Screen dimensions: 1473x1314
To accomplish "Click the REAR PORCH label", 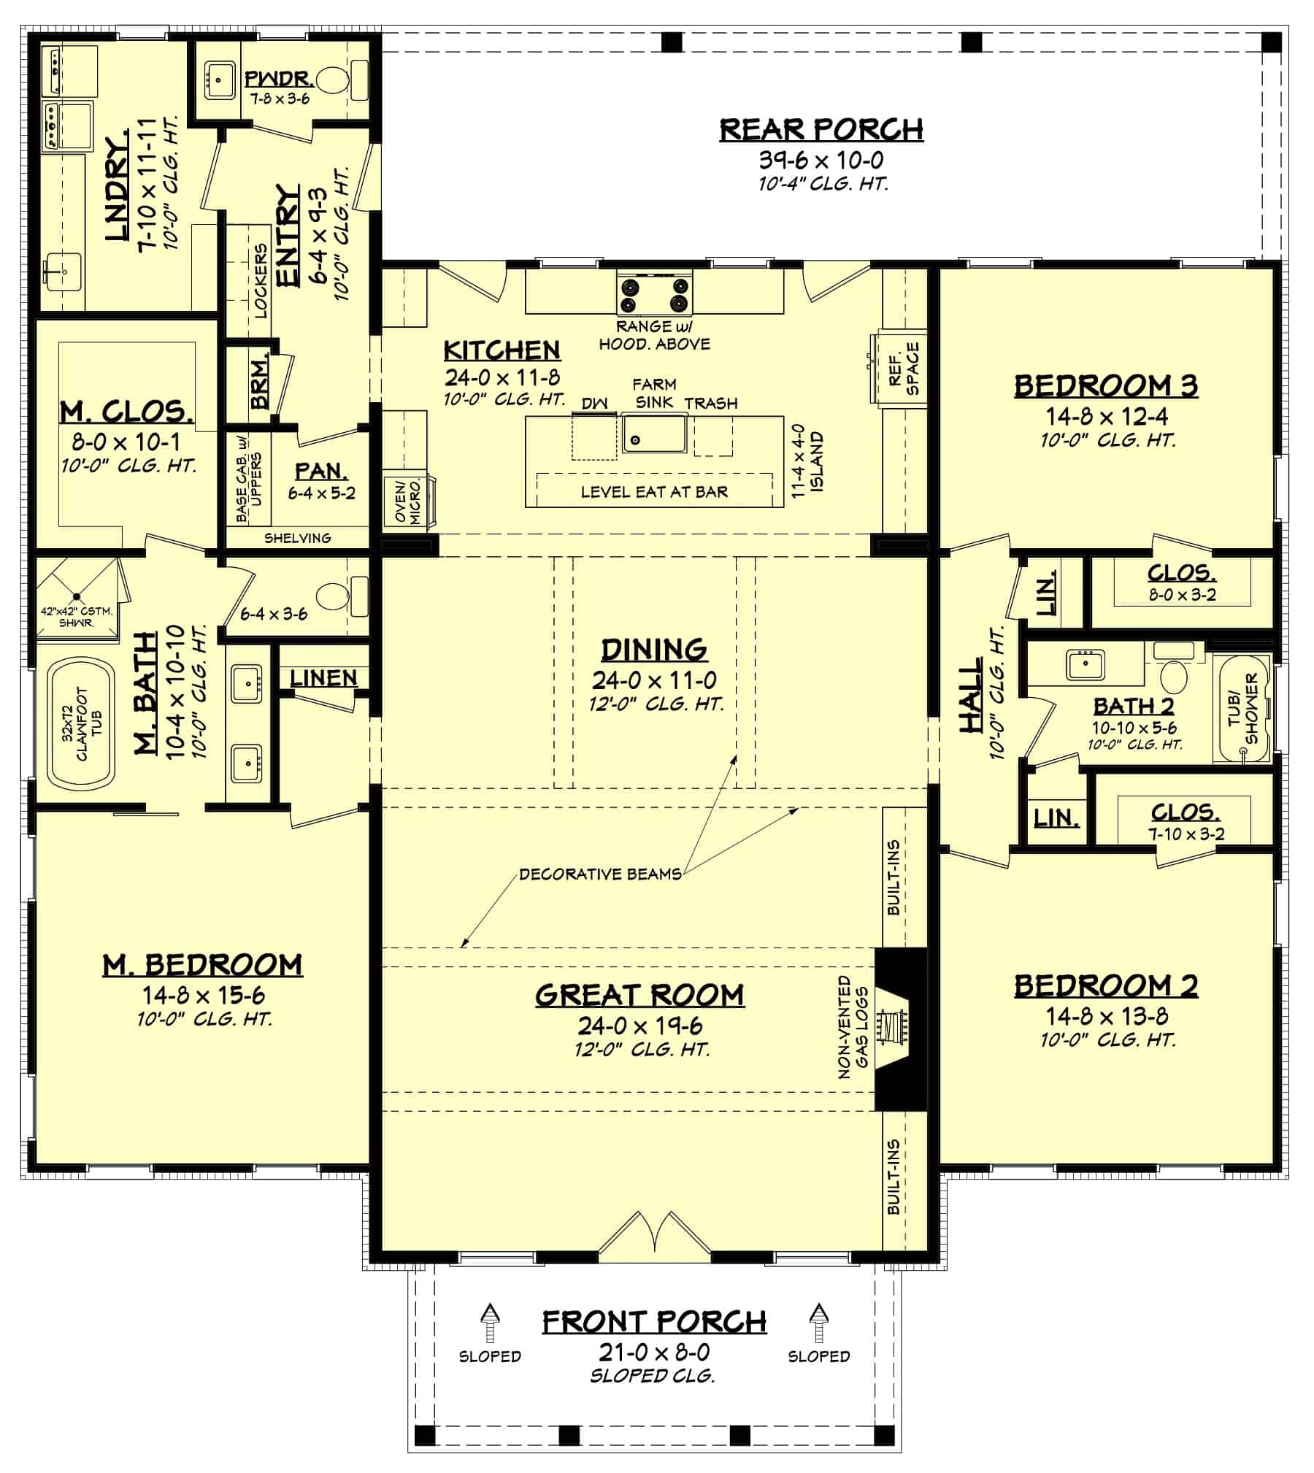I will pos(821,129).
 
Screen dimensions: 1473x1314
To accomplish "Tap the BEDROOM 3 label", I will pos(1106,385).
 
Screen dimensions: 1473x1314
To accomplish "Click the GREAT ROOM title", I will pos(639,995).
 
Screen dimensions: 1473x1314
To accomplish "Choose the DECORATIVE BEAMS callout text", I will pos(600,874).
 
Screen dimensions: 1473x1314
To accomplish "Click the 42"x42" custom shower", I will pos(76,591).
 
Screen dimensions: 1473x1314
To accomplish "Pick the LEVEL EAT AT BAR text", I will pos(654,492).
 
